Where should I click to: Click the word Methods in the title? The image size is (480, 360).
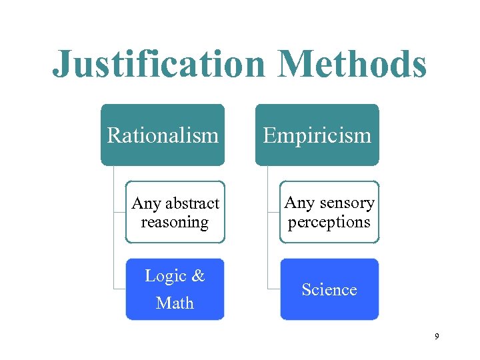tap(352, 65)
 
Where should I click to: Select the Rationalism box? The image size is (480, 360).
tap(163, 135)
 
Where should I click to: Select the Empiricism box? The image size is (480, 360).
tap(317, 135)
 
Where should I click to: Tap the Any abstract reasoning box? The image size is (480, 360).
tap(175, 212)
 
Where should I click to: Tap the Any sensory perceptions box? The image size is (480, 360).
tap(329, 212)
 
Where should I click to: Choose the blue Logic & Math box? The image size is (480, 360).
tap(175, 289)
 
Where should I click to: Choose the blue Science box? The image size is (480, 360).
tap(329, 289)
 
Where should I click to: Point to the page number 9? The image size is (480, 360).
tap(437, 337)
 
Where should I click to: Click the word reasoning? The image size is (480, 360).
tap(175, 222)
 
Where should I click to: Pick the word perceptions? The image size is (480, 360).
tap(329, 222)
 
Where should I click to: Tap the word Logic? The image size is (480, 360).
tap(165, 276)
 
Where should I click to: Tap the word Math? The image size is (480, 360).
tap(175, 303)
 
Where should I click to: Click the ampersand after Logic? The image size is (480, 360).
tap(198, 276)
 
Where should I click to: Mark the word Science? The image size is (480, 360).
tap(329, 289)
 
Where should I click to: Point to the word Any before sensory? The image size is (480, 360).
tap(299, 202)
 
